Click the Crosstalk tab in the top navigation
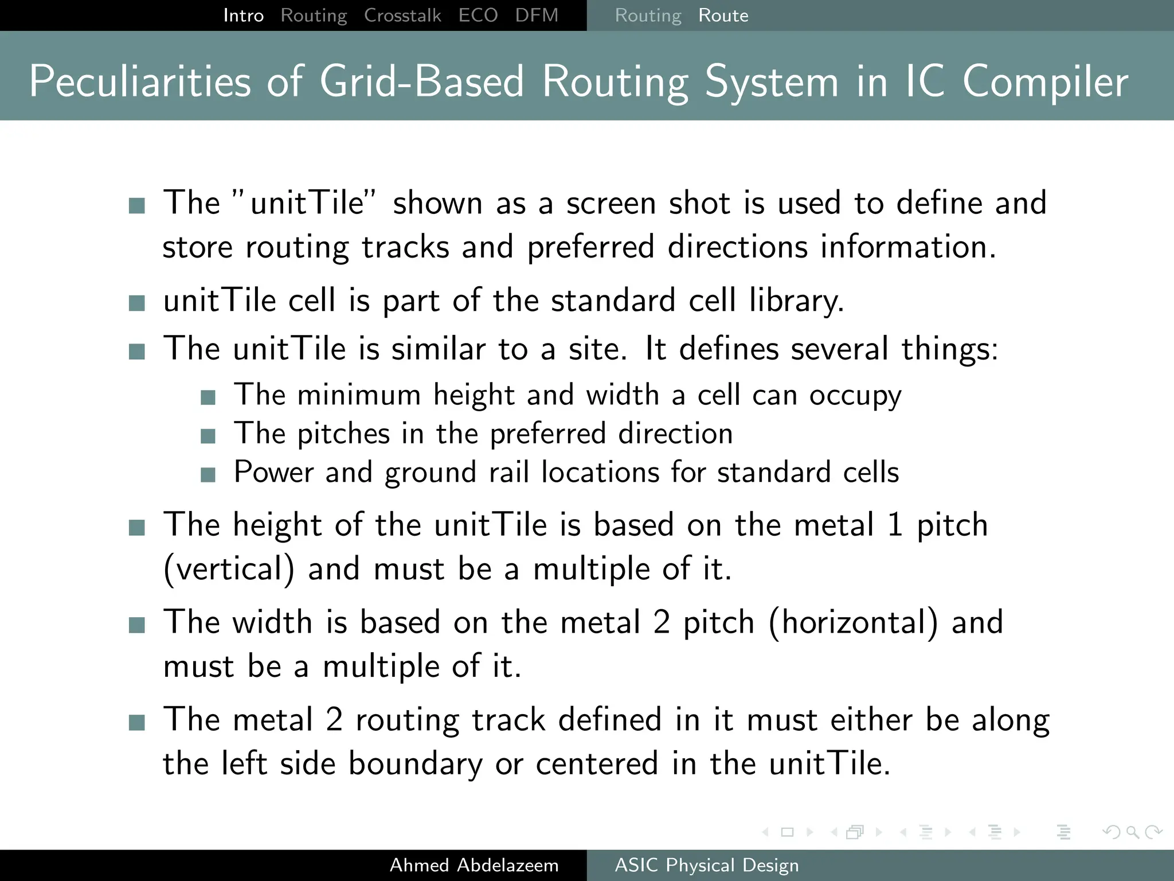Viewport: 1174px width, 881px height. pos(402,15)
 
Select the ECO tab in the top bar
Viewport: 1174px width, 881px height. pos(478,15)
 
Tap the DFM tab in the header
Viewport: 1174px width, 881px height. pos(537,15)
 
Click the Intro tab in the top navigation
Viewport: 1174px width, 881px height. pos(244,15)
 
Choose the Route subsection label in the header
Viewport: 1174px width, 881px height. pos(723,15)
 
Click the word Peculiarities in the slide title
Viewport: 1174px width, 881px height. pos(140,81)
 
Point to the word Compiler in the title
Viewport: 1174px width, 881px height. pos(1045,81)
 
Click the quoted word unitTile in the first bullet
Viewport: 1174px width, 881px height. pos(308,203)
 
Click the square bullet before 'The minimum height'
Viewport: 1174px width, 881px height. pos(208,397)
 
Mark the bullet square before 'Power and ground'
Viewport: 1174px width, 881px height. pos(208,474)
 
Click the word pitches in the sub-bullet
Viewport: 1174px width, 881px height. pos(343,434)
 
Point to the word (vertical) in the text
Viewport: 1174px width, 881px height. pos(229,569)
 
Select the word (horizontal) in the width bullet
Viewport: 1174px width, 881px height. pos(853,622)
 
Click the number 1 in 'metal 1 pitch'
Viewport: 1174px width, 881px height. pos(895,525)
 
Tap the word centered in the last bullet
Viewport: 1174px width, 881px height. pos(597,763)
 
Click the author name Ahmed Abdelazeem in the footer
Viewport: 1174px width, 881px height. pos(474,865)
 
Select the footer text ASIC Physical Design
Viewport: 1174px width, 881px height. pos(707,865)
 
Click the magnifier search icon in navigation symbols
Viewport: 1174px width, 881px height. pos(1132,832)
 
